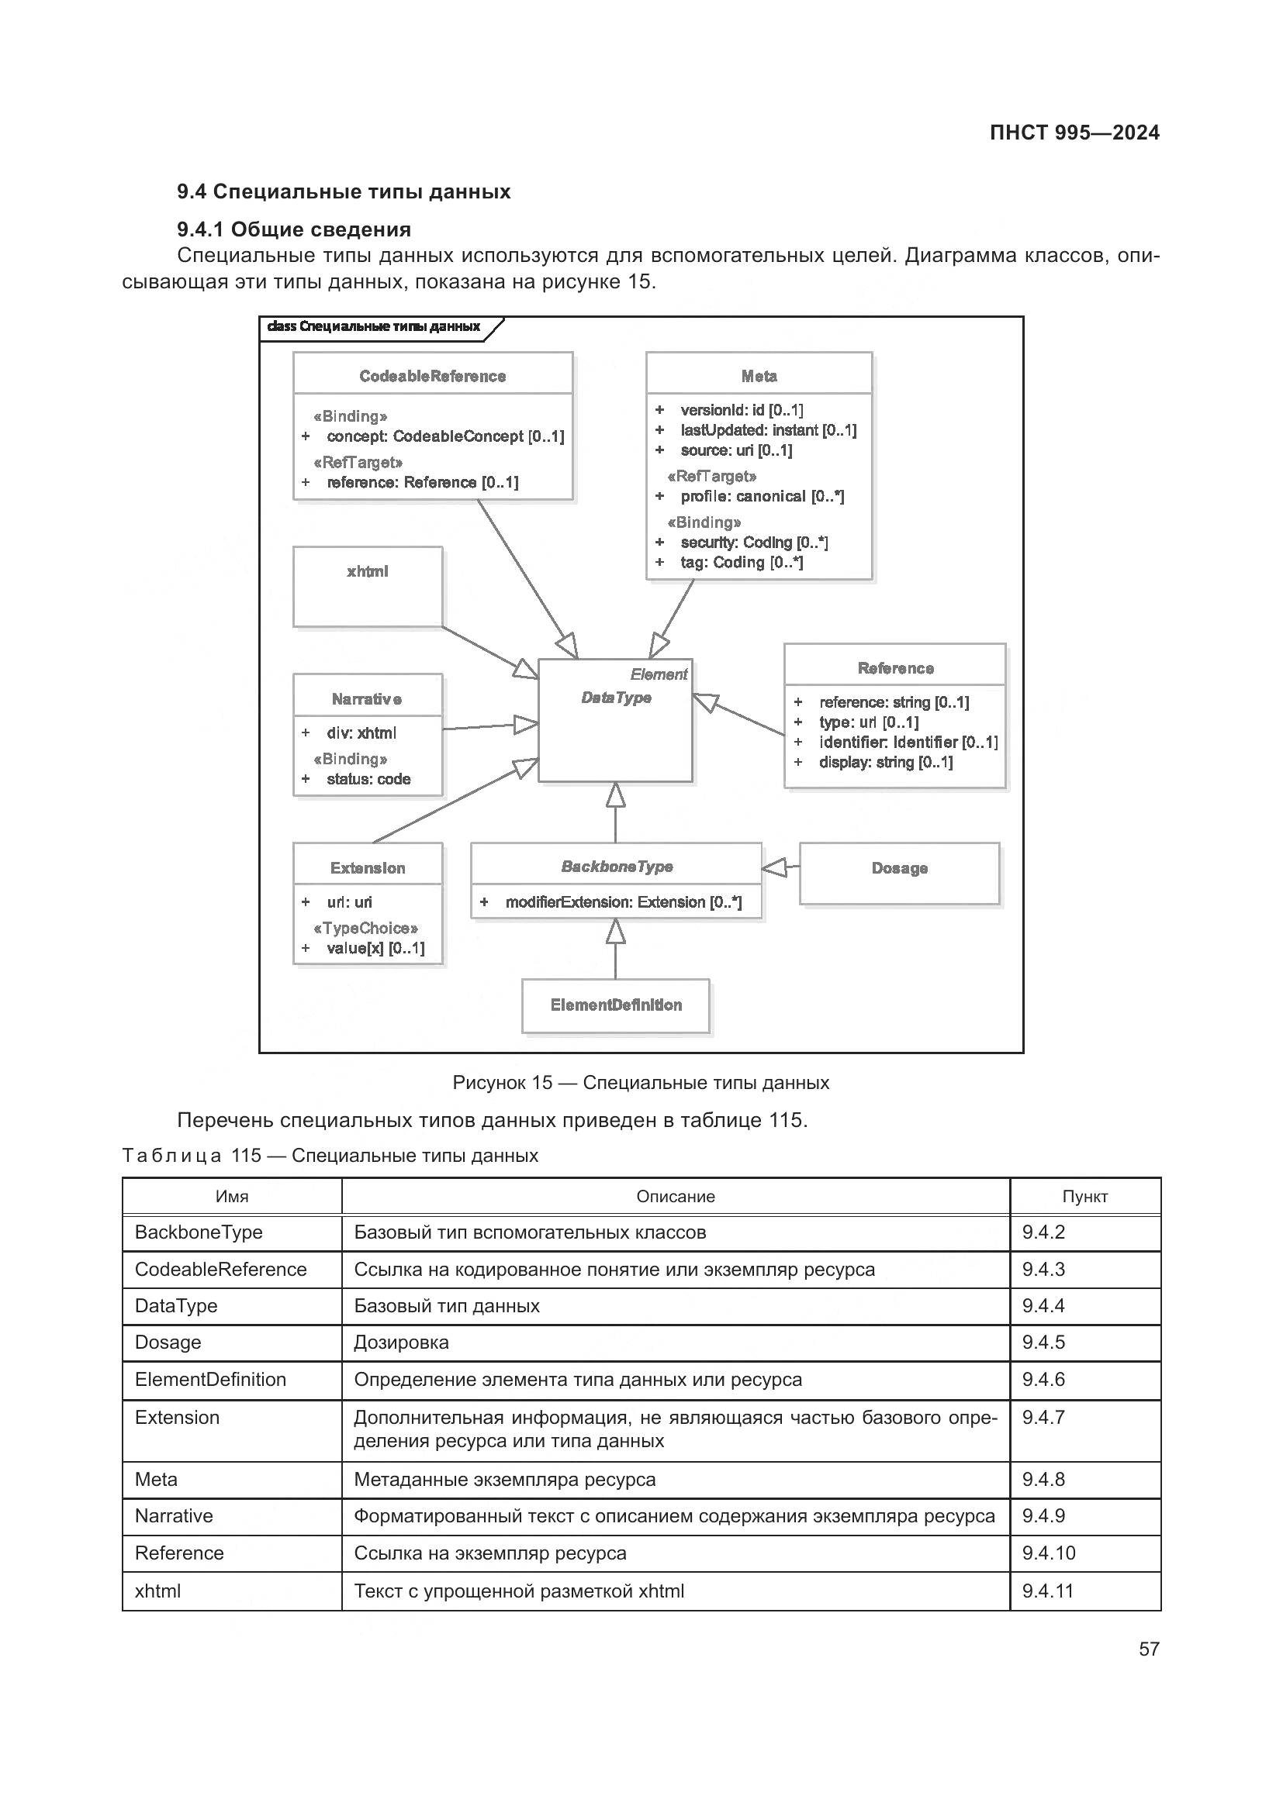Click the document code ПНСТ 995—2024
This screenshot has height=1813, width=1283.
1074,133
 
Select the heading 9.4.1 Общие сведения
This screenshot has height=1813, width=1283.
294,229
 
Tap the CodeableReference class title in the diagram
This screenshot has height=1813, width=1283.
432,376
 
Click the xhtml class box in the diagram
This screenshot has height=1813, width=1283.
368,587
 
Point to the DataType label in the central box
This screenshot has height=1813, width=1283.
615,698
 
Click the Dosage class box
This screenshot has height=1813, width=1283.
899,873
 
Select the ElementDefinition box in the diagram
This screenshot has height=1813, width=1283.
615,1005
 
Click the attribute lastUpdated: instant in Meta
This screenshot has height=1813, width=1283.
767,430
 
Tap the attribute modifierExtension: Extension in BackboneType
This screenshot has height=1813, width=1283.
623,901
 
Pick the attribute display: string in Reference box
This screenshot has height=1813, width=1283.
885,762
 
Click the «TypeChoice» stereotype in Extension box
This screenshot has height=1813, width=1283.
365,928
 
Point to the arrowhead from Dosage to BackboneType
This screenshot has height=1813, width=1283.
774,868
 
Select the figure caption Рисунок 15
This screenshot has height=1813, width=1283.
640,1083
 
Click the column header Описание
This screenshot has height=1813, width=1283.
675,1196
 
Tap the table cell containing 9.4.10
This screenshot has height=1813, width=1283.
1049,1553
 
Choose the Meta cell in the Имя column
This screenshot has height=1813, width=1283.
157,1479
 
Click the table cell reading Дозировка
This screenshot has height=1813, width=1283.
401,1343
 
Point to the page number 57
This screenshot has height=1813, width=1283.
1148,1649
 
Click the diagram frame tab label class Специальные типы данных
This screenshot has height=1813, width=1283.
374,327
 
